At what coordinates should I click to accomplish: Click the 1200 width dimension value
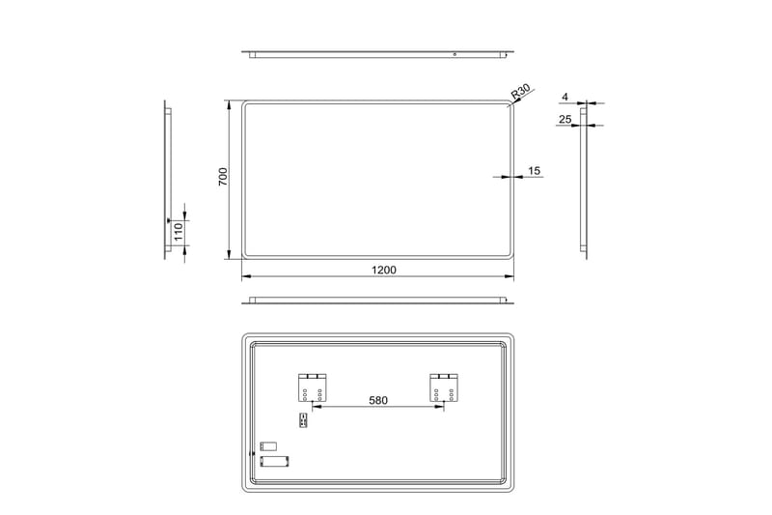(x=383, y=270)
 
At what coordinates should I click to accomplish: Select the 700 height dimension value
(x=221, y=177)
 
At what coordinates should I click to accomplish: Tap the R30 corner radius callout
(x=521, y=92)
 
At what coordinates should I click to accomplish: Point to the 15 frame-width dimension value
(x=535, y=171)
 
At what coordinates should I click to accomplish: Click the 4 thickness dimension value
(x=565, y=97)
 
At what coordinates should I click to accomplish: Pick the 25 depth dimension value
(x=565, y=120)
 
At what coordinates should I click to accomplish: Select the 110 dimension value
(x=178, y=231)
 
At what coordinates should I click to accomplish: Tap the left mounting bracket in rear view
(x=313, y=386)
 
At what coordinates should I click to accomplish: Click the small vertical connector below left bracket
(x=304, y=419)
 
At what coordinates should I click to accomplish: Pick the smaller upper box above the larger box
(x=267, y=446)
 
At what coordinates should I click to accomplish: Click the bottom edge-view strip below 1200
(x=376, y=300)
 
